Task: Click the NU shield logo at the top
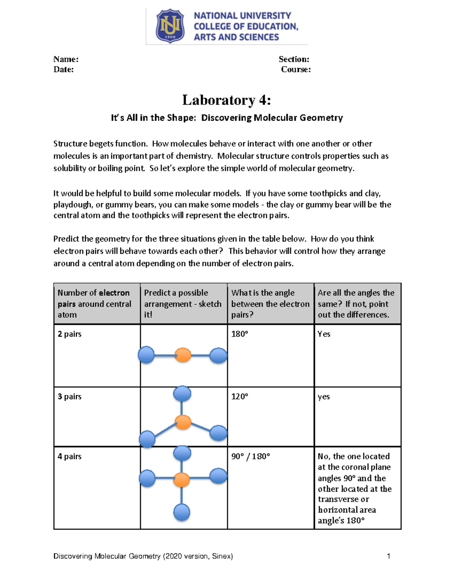point(170,26)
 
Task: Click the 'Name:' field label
point(66,59)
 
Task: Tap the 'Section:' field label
point(294,59)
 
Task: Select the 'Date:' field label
point(64,69)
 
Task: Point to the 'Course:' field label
point(296,69)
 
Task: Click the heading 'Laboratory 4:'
point(227,100)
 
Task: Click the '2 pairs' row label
point(70,334)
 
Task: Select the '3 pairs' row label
point(70,396)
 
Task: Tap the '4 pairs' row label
point(70,456)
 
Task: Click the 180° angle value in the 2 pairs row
point(239,334)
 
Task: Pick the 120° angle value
point(239,396)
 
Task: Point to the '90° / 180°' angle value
point(250,456)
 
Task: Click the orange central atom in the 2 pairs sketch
point(183,355)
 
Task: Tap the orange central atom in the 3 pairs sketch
point(183,422)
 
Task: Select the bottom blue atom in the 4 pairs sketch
point(182,513)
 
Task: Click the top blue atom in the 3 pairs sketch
point(182,394)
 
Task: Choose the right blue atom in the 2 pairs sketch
point(218,356)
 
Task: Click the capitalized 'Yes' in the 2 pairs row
point(324,334)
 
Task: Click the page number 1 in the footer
point(389,556)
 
